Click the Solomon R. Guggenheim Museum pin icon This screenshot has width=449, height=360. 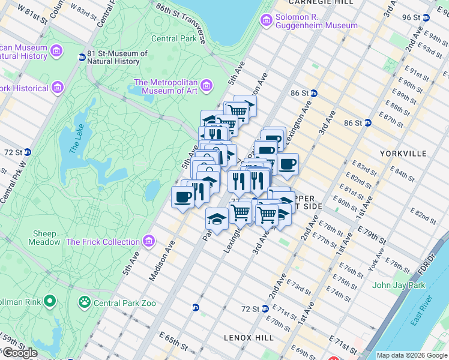267,20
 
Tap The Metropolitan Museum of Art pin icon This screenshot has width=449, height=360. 206,86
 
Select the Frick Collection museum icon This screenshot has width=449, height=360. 148,242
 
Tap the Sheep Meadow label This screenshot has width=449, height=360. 44,238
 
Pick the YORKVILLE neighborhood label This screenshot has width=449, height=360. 403,154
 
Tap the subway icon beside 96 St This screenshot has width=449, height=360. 426,17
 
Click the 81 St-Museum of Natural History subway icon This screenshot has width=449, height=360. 82,58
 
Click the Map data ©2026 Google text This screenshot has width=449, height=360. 412,355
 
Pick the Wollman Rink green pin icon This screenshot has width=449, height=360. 50,300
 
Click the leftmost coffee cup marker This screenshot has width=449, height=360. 182,197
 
